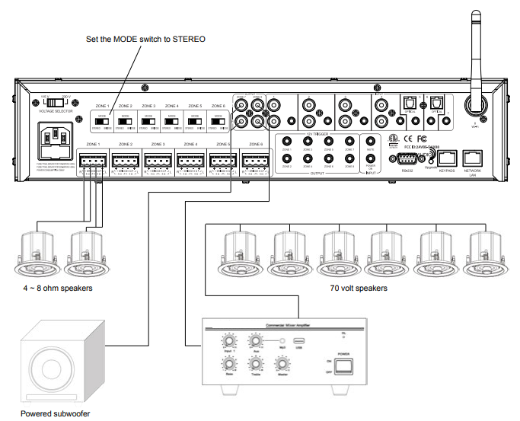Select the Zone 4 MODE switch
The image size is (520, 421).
tap(171, 120)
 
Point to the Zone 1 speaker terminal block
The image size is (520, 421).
tap(93, 161)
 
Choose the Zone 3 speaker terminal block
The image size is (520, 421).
tap(158, 161)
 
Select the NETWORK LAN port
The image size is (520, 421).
tap(474, 158)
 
